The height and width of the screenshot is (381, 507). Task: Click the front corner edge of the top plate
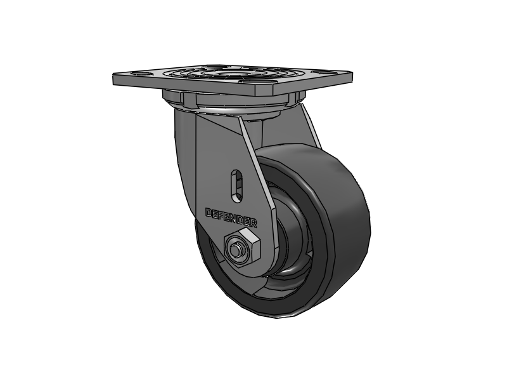(260, 93)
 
